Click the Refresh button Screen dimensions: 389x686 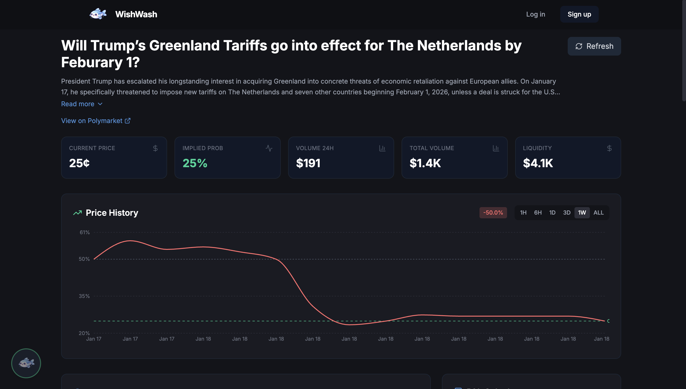coord(594,46)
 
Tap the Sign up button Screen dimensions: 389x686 coord(579,14)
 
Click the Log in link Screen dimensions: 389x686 coord(535,14)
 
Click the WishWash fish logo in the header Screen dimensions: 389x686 coord(98,14)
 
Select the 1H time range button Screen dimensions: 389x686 coord(523,213)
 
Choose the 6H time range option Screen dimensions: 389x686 coord(538,213)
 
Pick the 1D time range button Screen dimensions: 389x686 coord(552,213)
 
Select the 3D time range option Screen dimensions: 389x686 coord(567,213)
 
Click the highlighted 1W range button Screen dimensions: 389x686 coord(582,213)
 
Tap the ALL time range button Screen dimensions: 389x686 coord(598,213)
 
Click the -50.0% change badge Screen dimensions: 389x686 coord(493,213)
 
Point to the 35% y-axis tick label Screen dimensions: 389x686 coord(84,296)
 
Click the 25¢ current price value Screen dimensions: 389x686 coord(79,163)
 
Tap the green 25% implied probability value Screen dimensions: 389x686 coord(195,163)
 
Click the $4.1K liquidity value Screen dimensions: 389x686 coord(538,163)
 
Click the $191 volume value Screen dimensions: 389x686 coord(308,163)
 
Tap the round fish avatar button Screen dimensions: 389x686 coord(26,363)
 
